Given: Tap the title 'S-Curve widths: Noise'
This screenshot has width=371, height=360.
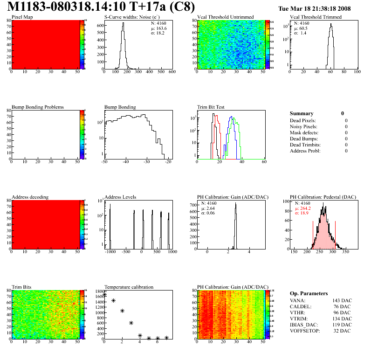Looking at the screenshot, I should [128, 17].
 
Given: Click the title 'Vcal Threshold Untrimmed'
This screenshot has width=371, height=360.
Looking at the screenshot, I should [225, 17].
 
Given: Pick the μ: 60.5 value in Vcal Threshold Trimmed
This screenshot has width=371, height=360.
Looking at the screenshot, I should [300, 28].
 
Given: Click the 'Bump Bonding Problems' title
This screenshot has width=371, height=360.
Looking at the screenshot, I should [38, 107].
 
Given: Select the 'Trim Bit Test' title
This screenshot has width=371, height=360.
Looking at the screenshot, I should [211, 107].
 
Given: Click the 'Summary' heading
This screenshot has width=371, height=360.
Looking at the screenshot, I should [302, 113].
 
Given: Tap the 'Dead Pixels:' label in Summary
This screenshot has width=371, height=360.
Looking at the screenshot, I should [303, 120].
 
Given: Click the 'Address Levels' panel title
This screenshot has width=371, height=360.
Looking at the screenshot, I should [120, 197].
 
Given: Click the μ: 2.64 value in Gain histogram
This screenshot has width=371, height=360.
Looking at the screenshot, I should [207, 208].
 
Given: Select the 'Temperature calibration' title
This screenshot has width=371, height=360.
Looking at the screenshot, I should [129, 287].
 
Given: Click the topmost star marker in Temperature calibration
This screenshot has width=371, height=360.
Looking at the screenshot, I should [104, 294].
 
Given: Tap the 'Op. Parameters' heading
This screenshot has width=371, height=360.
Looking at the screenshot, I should [309, 293].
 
